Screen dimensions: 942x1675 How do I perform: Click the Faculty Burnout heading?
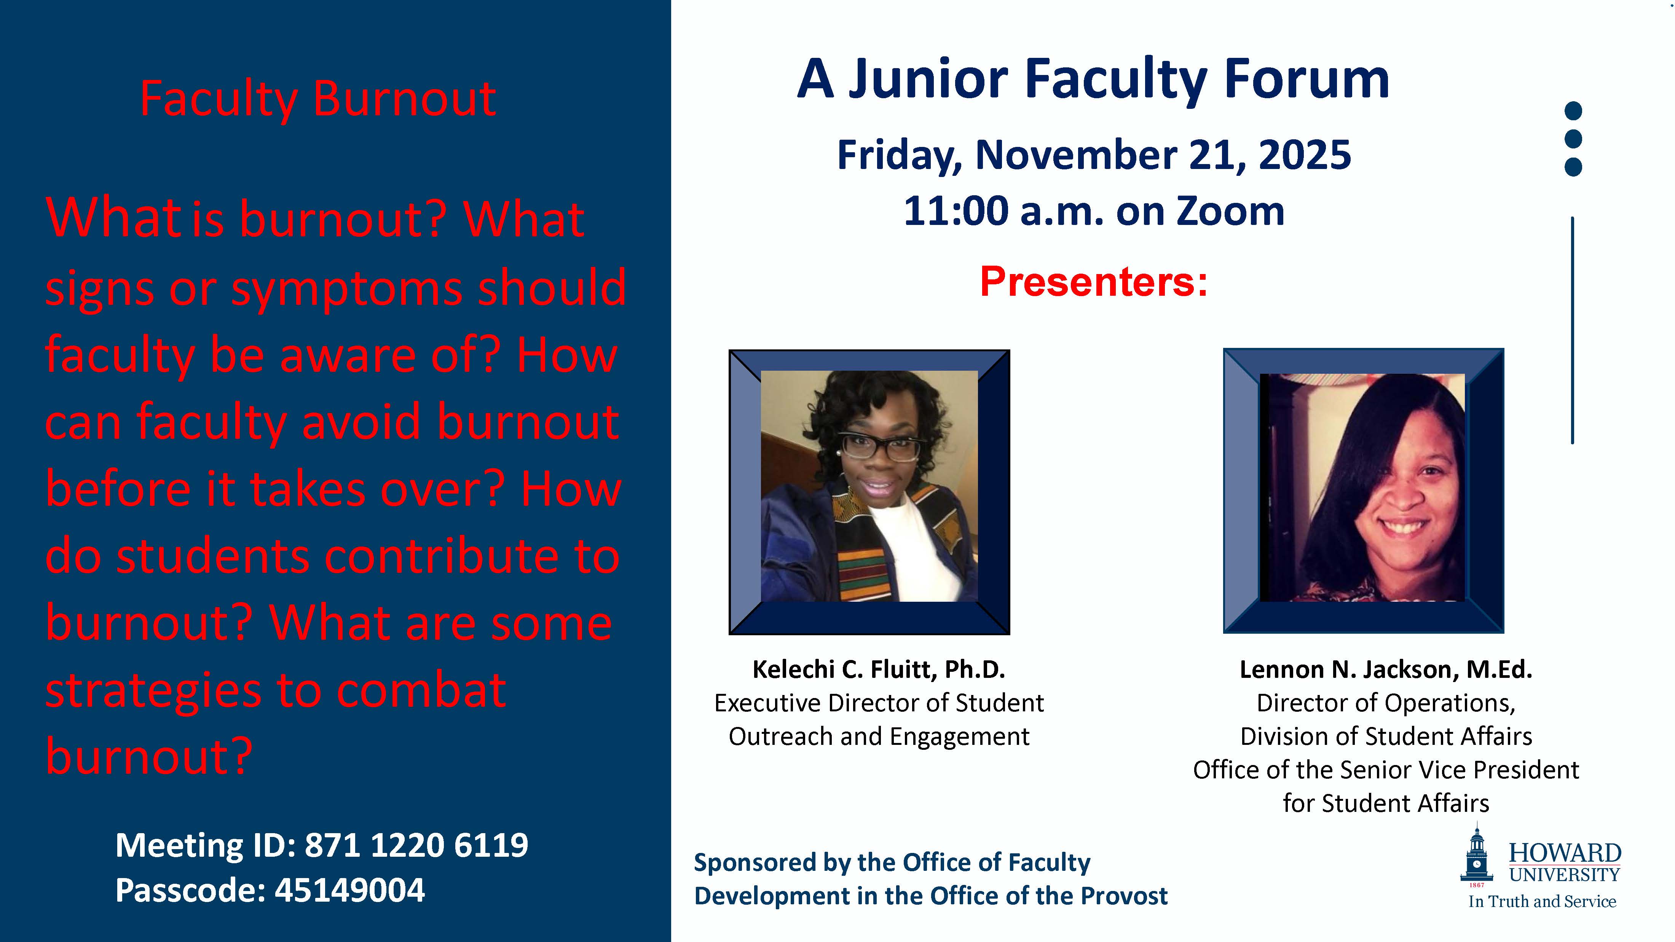[318, 99]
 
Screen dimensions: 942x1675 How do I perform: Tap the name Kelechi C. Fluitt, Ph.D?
[879, 669]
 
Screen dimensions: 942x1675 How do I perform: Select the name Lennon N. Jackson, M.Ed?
[1386, 669]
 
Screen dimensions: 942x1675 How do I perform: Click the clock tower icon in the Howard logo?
[1477, 854]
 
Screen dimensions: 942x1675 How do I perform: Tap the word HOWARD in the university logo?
[1565, 852]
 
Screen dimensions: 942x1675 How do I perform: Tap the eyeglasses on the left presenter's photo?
[882, 447]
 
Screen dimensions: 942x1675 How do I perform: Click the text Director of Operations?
[1386, 703]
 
